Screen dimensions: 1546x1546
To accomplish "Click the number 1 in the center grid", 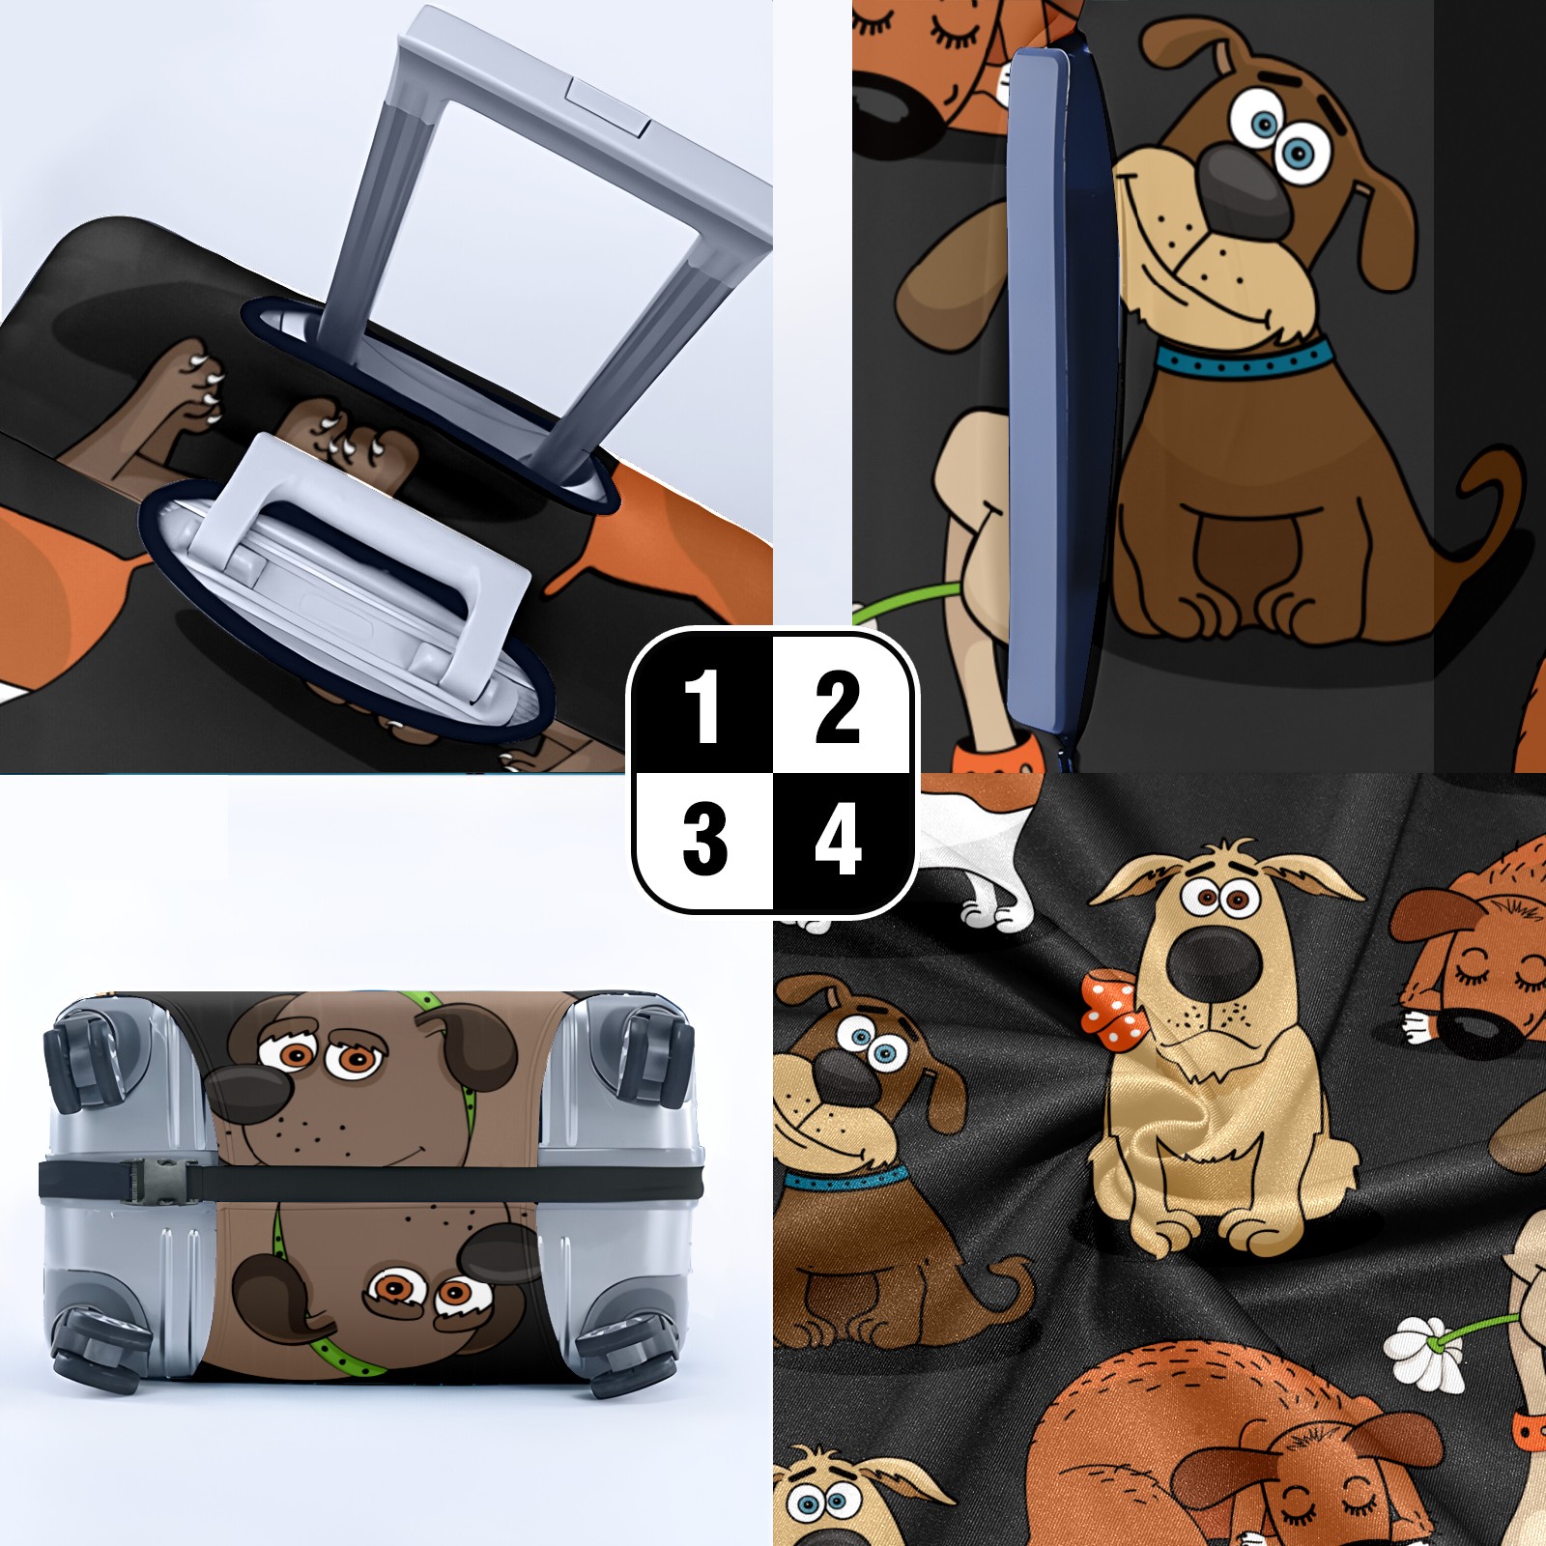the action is (x=702, y=707).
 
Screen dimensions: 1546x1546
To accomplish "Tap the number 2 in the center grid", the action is (x=838, y=707).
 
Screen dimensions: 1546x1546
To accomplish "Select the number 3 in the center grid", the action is (x=704, y=840).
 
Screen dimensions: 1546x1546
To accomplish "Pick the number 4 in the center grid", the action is (x=838, y=840).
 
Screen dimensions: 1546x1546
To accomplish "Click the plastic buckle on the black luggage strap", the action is (x=155, y=1181).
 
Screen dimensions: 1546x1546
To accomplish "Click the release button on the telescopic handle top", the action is (x=609, y=105).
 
